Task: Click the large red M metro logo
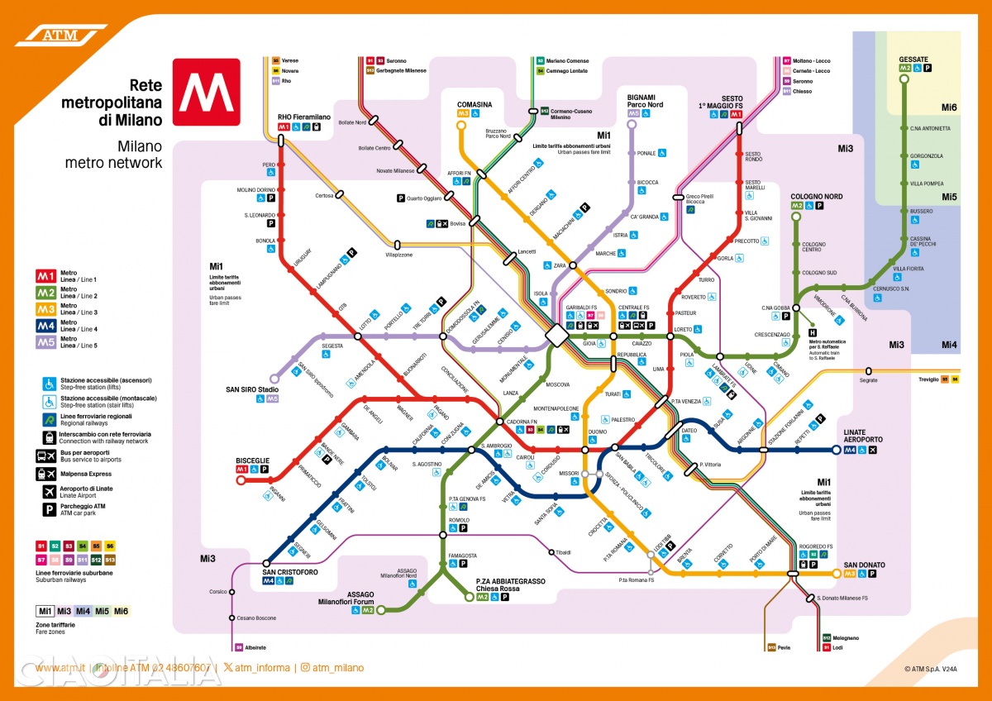tap(206, 91)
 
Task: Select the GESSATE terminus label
tap(913, 60)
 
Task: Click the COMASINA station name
tap(474, 104)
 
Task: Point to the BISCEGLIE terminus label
tap(252, 460)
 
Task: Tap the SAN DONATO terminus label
tap(864, 565)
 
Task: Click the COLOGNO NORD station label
tap(816, 197)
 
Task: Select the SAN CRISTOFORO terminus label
tap(289, 572)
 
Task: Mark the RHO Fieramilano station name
tap(302, 117)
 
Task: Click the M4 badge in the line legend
tap(45, 326)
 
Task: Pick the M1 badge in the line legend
tap(45, 276)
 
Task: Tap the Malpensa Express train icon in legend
tap(45, 474)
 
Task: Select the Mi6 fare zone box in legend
tap(121, 611)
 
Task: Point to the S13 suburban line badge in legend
tap(110, 560)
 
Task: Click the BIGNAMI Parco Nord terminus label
tap(645, 101)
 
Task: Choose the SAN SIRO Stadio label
tap(252, 389)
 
